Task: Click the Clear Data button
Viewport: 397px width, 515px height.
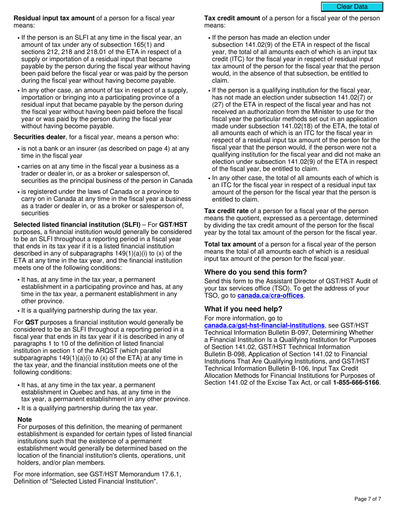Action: click(352, 7)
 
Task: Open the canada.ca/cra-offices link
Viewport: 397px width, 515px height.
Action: click(270, 296)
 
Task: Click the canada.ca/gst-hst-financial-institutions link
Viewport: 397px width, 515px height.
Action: click(264, 325)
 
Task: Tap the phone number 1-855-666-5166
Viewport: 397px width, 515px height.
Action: click(356, 382)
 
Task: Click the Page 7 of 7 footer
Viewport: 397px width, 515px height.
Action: click(367, 499)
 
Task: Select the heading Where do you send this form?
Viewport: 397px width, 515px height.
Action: click(255, 272)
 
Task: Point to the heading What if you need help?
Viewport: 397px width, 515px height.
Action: click(243, 309)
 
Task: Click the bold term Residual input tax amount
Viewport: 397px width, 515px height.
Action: click(54, 18)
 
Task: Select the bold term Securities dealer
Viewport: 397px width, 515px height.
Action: click(39, 137)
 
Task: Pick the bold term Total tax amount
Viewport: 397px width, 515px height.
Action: click(230, 244)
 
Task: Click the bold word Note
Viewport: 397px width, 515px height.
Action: click(25, 420)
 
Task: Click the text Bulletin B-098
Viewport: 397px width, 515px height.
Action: click(226, 354)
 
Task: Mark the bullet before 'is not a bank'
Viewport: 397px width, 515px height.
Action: click(18, 149)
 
